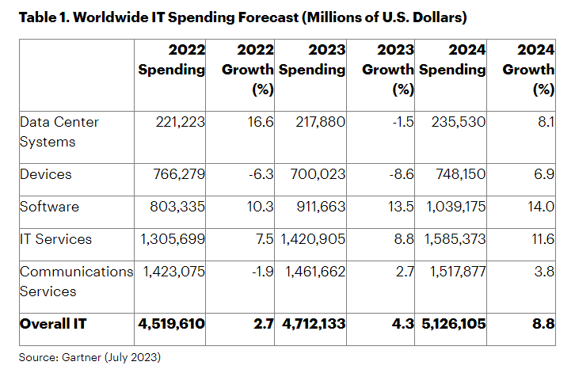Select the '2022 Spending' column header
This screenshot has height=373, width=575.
(172, 59)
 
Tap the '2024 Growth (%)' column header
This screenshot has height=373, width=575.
(528, 70)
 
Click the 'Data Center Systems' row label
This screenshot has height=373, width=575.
(59, 131)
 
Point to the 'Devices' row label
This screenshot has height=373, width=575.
(46, 173)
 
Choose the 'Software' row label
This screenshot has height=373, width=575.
(49, 207)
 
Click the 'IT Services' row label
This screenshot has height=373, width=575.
(55, 239)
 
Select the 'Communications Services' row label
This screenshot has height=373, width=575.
(75, 281)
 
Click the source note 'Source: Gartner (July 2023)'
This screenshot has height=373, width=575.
(89, 357)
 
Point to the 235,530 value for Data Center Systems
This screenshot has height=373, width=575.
(457, 122)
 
